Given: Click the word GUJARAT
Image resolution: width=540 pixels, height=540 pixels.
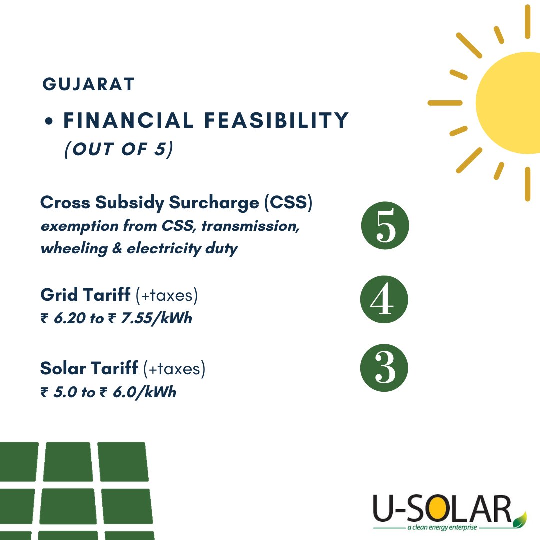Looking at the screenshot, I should [x=89, y=84].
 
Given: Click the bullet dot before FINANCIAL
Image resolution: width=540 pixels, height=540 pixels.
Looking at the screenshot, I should [x=49, y=122].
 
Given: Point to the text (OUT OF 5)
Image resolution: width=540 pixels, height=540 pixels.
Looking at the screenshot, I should [x=118, y=149].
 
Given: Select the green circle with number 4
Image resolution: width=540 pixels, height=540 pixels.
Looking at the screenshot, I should [x=384, y=299].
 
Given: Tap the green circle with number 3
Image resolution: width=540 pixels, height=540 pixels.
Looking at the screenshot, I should [x=384, y=368].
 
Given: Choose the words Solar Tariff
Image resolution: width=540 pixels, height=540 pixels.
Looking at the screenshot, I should [x=89, y=369].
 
